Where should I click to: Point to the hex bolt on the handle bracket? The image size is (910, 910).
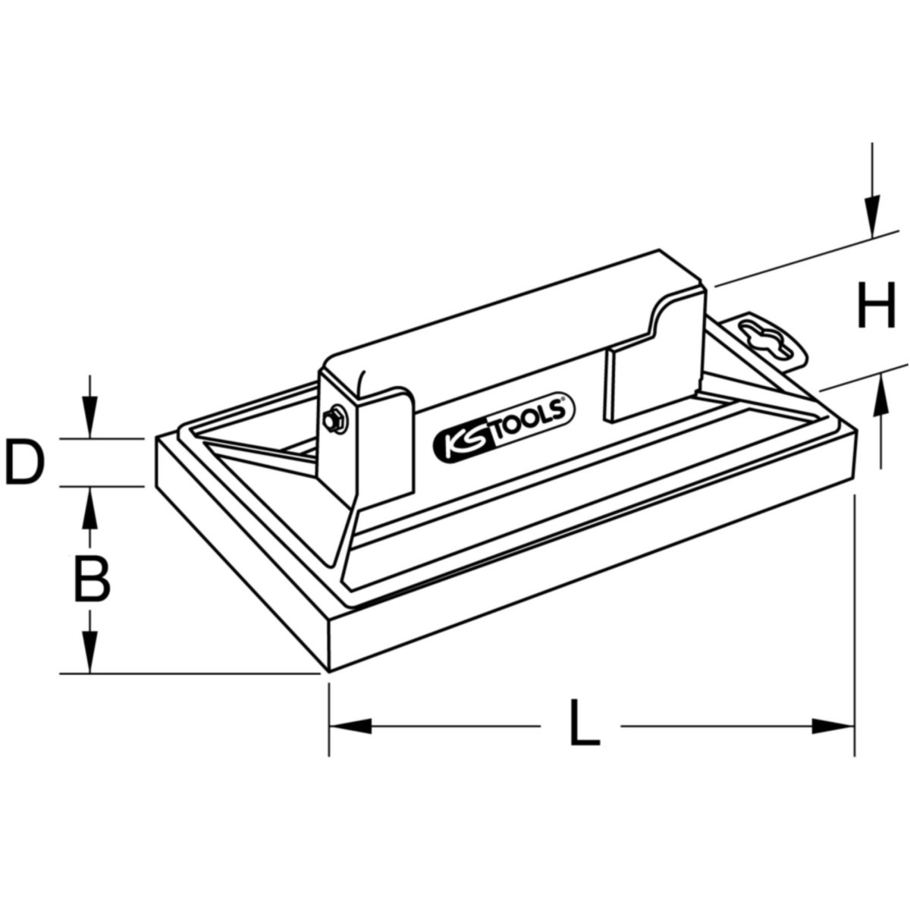(x=334, y=419)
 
